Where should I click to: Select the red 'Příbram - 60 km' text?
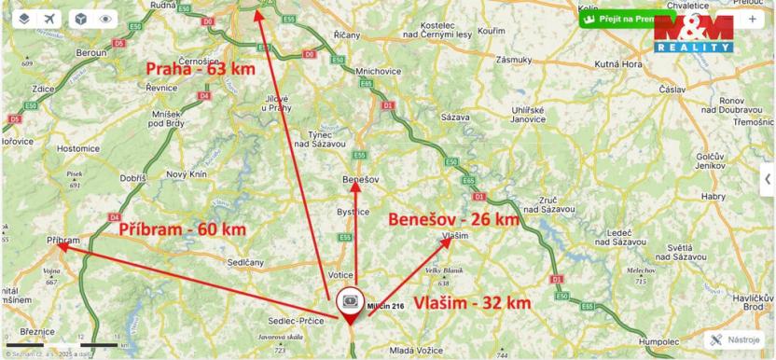(182, 228)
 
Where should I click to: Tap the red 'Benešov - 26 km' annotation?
(452, 219)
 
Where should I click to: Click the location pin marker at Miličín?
(350, 303)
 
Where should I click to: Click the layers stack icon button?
(23, 18)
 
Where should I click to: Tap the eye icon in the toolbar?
(104, 18)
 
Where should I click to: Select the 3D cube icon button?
(81, 18)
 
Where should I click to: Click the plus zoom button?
(753, 18)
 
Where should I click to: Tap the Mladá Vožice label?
(414, 352)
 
